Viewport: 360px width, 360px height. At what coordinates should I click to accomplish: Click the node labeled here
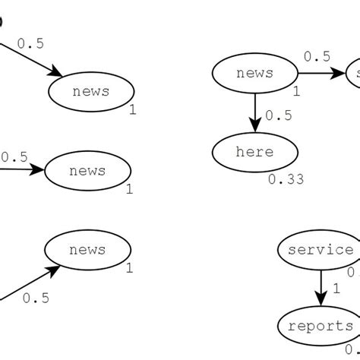(254, 152)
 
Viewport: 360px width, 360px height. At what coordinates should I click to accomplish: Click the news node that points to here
(254, 74)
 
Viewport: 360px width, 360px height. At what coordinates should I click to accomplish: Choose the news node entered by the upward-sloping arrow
(87, 250)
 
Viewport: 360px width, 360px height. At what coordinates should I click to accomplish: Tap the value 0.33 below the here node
(286, 180)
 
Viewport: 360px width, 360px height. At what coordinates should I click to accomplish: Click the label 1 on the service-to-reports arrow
(335, 289)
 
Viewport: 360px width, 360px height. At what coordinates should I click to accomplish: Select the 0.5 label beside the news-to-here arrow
(279, 115)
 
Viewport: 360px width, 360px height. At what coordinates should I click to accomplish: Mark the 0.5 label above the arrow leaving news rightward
(317, 56)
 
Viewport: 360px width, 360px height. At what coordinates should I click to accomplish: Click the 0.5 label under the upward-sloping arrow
(36, 298)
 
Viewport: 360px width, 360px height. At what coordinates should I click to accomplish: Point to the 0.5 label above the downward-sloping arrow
(30, 43)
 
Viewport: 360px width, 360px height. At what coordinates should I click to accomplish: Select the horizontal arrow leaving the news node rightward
(319, 74)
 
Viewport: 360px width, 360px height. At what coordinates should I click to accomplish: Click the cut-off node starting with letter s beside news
(354, 74)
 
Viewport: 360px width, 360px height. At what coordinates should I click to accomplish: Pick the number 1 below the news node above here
(296, 91)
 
